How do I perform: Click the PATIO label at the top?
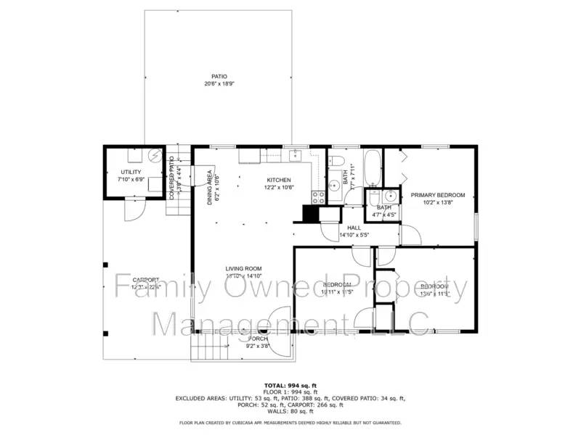219,76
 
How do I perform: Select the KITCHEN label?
278,180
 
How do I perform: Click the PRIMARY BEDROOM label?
437,195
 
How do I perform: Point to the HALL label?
354,227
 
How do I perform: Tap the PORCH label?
258,339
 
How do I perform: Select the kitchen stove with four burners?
318,196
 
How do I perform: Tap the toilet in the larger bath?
336,161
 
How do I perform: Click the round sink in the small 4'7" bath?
390,195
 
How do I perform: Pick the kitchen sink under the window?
295,154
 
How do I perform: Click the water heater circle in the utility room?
154,154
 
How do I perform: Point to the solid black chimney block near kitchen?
310,213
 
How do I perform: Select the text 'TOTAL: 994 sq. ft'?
290,385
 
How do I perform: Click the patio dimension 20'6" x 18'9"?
219,84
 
